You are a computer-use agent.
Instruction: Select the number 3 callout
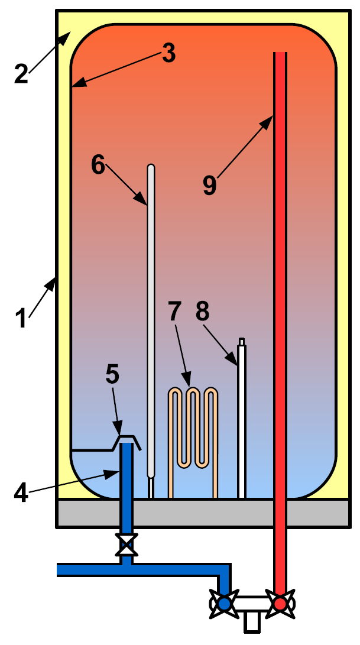click(x=168, y=53)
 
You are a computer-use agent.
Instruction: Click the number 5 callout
click(x=112, y=375)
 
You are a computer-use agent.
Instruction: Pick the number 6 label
click(x=98, y=164)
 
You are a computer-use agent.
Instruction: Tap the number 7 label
click(x=174, y=312)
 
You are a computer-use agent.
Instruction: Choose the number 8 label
click(x=202, y=312)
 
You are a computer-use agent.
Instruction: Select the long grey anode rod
click(x=151, y=321)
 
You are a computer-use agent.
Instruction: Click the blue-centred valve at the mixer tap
click(x=224, y=604)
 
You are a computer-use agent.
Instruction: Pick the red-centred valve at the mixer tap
click(x=280, y=604)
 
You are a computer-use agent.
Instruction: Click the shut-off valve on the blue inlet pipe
click(x=127, y=545)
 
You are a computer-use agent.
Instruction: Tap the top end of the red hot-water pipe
click(x=280, y=53)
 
